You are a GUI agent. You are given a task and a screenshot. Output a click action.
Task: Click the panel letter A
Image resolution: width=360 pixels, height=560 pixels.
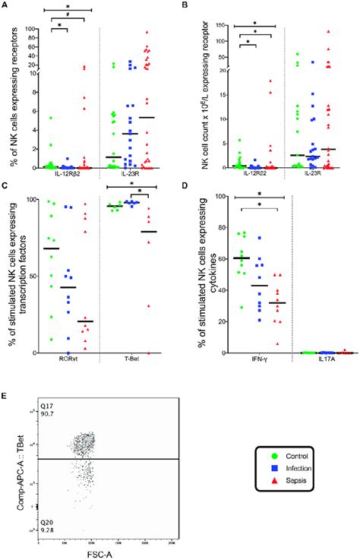pyautogui.click(x=5, y=5)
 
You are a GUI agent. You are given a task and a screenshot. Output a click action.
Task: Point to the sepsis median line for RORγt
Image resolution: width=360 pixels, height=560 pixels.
pyautogui.click(x=85, y=321)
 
